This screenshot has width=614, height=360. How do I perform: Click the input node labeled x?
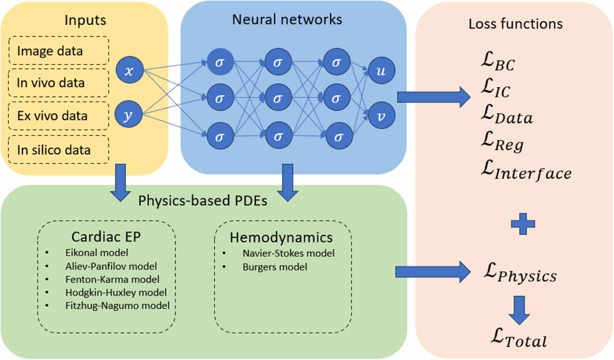click(129, 70)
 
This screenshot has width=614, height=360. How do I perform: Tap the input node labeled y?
click(128, 114)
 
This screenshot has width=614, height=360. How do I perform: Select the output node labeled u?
click(381, 70)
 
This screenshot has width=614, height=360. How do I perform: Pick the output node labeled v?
click(381, 116)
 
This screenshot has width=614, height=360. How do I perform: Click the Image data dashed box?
click(58, 51)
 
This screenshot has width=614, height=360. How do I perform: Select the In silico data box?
click(58, 150)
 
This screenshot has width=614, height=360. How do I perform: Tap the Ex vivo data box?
click(58, 116)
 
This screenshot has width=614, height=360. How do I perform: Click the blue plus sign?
click(522, 224)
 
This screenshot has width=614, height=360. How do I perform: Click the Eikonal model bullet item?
click(96, 253)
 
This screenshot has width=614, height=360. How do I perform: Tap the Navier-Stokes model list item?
click(288, 253)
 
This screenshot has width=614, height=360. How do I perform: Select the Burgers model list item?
click(275, 267)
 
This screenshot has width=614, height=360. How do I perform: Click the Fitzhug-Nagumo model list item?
click(117, 306)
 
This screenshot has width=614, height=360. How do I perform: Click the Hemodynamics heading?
click(281, 238)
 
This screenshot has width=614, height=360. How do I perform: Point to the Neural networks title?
click(287, 19)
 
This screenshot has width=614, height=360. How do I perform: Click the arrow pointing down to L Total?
click(519, 309)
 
